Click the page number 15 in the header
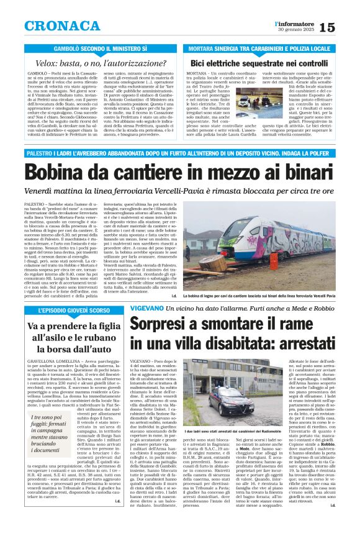point(345,27)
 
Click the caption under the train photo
point(267,296)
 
